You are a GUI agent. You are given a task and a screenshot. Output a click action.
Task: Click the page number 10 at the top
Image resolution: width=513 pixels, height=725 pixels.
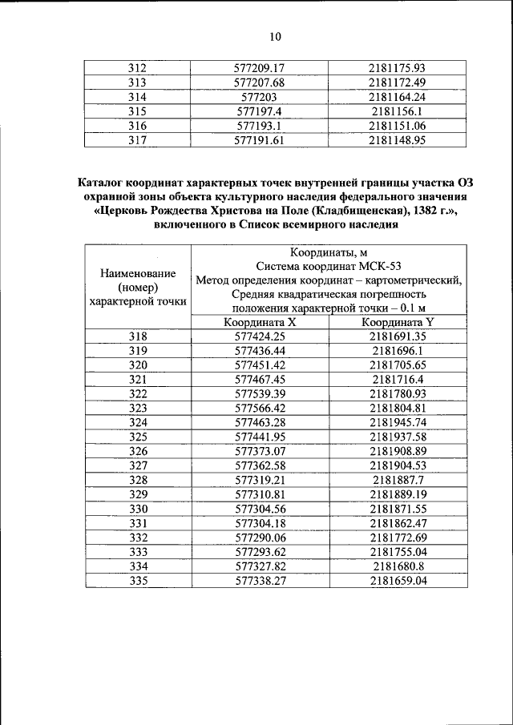(275, 37)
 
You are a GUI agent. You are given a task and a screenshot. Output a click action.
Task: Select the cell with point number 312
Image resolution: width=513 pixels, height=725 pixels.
(139, 69)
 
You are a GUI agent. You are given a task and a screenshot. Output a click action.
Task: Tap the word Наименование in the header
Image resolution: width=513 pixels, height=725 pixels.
(139, 272)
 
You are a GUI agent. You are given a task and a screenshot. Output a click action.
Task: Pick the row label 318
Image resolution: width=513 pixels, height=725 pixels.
(139, 336)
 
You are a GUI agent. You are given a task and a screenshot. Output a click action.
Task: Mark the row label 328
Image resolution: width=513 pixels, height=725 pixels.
(139, 479)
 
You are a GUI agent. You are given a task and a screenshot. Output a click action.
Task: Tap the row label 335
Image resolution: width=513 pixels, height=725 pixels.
(139, 579)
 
